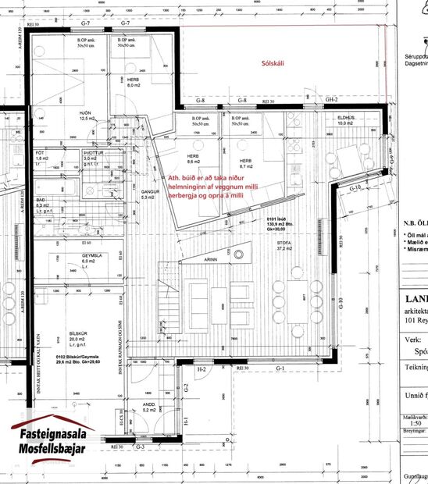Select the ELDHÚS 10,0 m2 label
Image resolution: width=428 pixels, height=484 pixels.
(345, 120)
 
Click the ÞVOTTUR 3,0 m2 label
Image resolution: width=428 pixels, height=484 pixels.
(93, 158)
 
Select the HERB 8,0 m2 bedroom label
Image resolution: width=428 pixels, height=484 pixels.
(132, 84)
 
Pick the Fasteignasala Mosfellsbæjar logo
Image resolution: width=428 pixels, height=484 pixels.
(52, 443)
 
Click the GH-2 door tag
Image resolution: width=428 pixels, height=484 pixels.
(331, 101)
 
